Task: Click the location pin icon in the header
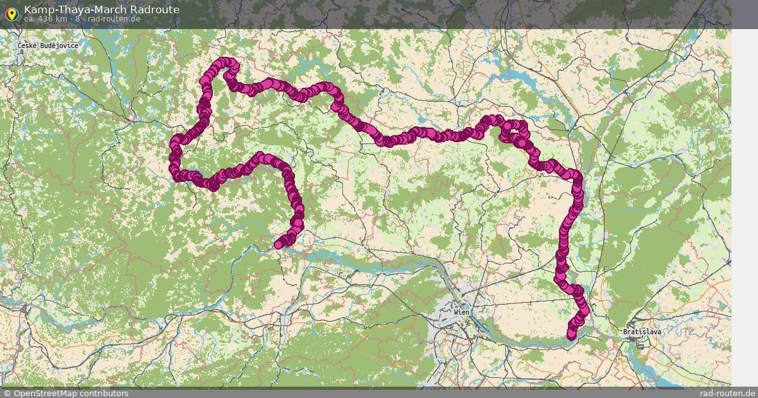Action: tap(11, 13)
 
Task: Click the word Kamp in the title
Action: tap(37, 9)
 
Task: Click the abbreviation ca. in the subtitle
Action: tap(30, 19)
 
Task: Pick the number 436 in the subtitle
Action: tap(49, 19)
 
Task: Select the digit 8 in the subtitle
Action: tap(78, 19)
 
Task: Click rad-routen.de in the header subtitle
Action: tap(114, 19)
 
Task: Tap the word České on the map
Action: tap(28, 46)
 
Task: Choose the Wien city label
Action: tap(462, 312)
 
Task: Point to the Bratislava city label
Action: tap(642, 331)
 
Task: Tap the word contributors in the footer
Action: tap(104, 394)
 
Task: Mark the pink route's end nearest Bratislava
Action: tap(572, 335)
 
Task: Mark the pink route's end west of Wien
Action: tap(279, 244)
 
